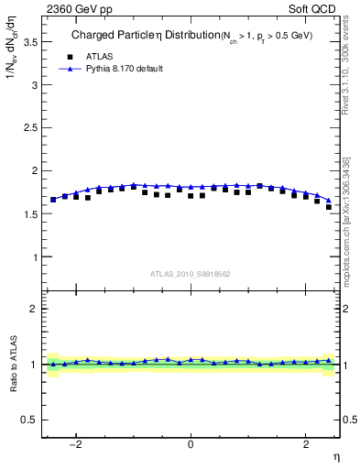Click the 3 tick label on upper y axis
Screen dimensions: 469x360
pos(34,85)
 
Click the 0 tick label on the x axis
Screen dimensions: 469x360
pos(191,445)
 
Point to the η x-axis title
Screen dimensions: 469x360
pos(335,456)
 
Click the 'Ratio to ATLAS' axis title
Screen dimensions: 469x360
pos(13,364)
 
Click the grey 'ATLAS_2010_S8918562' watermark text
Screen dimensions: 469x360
pos(191,274)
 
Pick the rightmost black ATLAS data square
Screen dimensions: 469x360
pos(329,207)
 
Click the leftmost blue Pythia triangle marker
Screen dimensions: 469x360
pos(53,199)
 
